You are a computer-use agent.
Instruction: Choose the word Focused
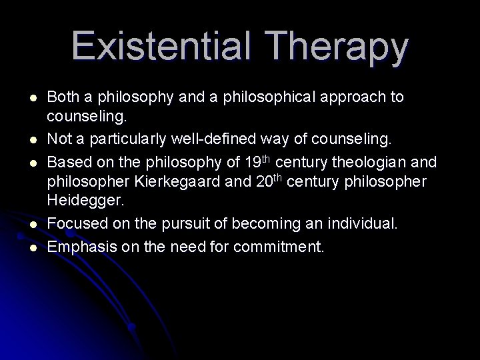73,225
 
